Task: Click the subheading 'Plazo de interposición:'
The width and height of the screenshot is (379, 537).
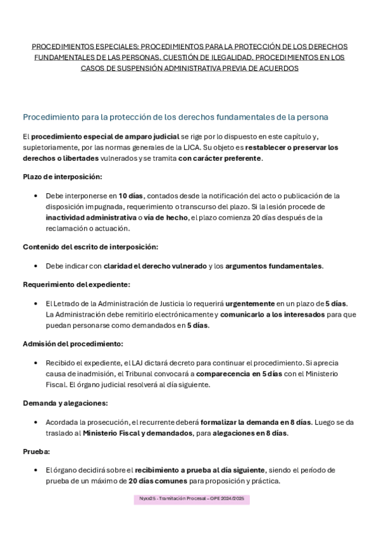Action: coord(62,176)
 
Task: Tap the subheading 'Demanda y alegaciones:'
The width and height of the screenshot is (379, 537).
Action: coord(66,403)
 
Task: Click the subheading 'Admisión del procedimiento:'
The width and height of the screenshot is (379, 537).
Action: coord(73,343)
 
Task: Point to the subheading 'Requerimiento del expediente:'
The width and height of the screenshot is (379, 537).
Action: coord(77,284)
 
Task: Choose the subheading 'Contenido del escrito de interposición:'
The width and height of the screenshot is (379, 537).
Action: coord(90,246)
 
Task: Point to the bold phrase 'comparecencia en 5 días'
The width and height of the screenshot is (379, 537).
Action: coord(230,374)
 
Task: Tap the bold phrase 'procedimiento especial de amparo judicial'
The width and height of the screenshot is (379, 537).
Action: coord(106,137)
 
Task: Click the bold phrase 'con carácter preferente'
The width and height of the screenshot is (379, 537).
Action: coord(220,158)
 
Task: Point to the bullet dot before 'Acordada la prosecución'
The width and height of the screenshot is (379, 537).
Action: coord(39,422)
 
